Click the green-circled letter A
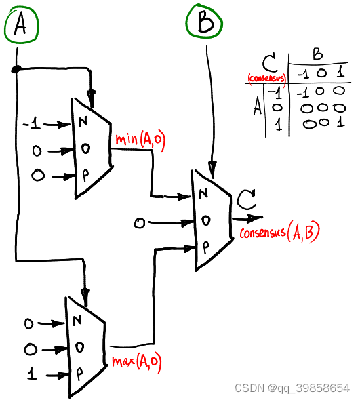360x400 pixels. coord(20,24)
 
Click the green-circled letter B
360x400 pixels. coord(205,22)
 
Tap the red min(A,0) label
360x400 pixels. coord(140,140)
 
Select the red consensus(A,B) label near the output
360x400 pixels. coord(279,231)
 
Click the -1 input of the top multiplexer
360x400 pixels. coord(32,125)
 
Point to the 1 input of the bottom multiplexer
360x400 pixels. coord(32,373)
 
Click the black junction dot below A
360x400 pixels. coord(16,69)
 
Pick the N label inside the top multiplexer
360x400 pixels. coord(83,121)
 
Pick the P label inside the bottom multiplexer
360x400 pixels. coord(79,374)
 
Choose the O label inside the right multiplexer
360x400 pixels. coord(205,220)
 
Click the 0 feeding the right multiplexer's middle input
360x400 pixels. coord(139,223)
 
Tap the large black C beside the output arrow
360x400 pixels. coord(245,199)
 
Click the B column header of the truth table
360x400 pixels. coord(318,54)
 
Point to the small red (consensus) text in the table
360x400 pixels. coord(267,78)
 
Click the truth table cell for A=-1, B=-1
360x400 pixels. coord(303,93)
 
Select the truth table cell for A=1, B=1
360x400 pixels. coord(340,123)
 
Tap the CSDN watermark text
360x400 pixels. coord(292,388)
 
